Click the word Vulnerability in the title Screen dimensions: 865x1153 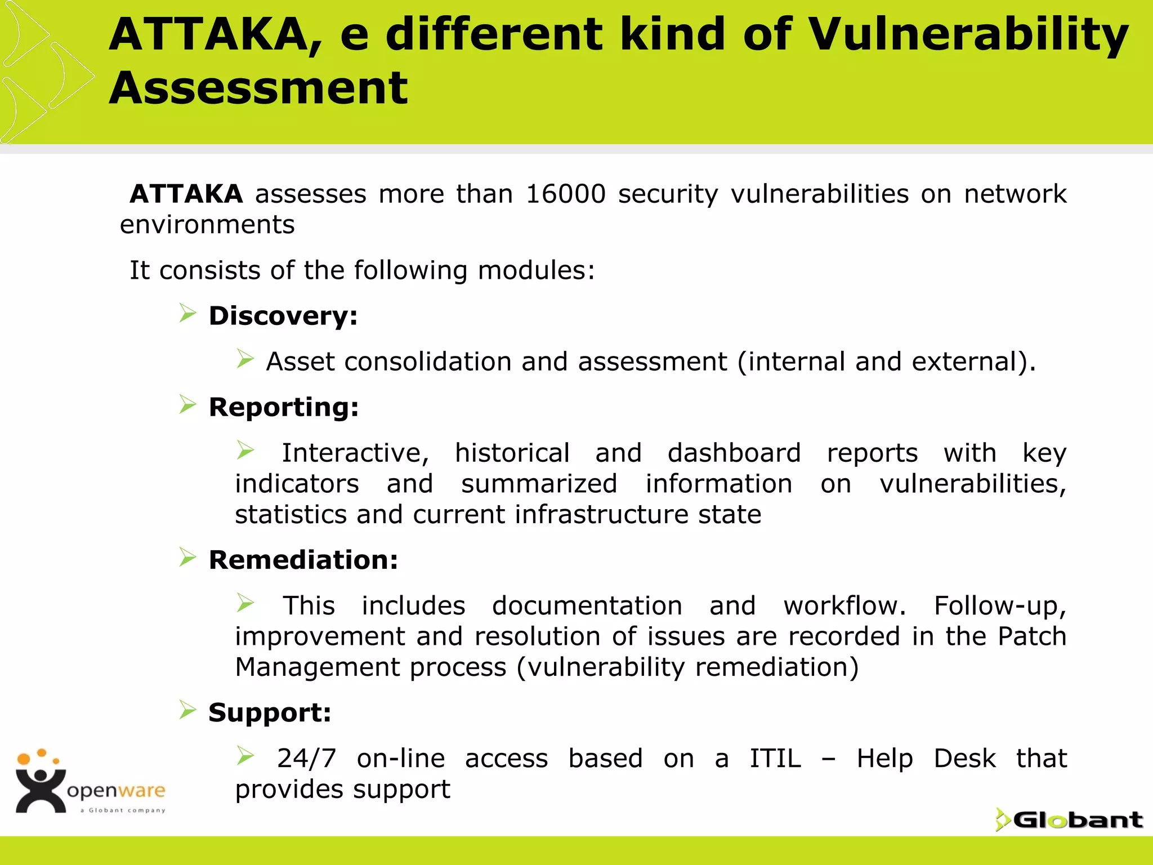coord(968,35)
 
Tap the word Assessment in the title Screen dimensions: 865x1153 coord(258,88)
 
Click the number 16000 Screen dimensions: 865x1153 coord(565,194)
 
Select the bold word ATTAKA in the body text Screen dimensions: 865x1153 coord(186,194)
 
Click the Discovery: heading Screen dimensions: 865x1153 coord(283,316)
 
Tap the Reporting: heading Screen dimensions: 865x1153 coord(284,407)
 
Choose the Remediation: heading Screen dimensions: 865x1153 coord(303,560)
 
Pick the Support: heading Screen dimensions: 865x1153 coord(270,713)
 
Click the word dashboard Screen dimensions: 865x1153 coord(734,453)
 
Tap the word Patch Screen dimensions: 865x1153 coord(1032,636)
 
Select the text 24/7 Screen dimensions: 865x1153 coord(306,759)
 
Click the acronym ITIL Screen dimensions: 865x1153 coord(775,759)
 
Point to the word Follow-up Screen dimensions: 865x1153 coord(1000,606)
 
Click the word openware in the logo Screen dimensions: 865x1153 coord(116,791)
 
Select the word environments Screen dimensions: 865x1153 coord(207,225)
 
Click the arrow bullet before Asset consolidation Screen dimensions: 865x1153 coord(245,358)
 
